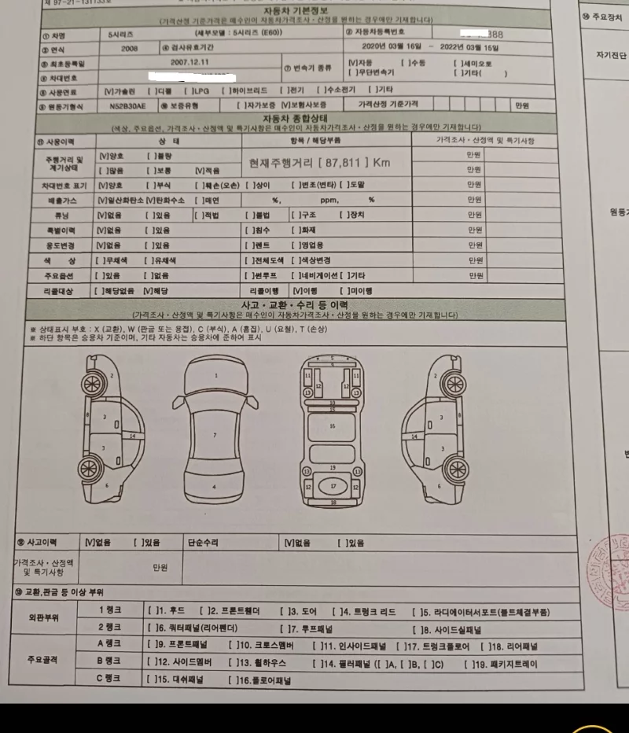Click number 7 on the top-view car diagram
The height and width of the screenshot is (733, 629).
tap(215, 433)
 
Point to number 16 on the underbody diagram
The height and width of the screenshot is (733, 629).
tap(333, 425)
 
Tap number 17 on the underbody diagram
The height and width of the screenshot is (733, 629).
tap(333, 487)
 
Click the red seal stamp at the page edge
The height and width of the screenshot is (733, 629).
tap(614, 568)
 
